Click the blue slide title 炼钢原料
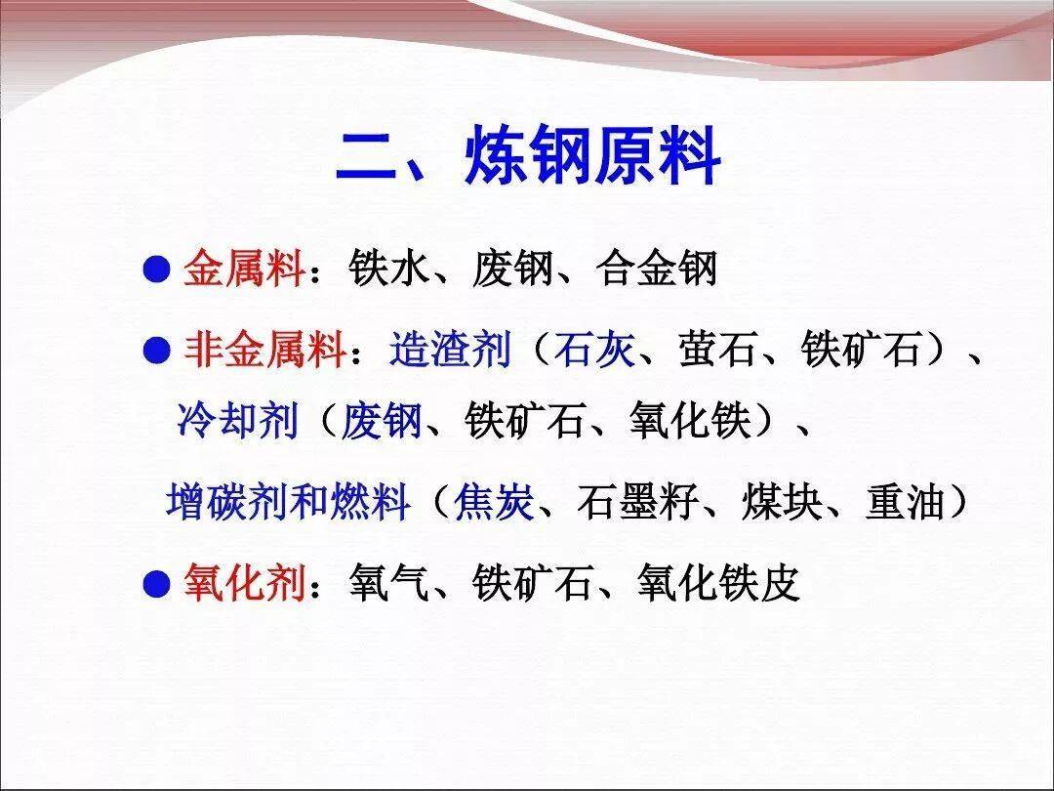coord(592,156)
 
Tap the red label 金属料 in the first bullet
coord(244,270)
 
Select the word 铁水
coord(388,269)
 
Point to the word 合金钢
coord(656,269)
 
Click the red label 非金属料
coord(264,350)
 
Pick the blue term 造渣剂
coord(450,350)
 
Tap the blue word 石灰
coord(594,350)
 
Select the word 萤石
coord(718,350)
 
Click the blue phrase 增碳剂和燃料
coord(288,501)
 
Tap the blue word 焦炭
coord(494,501)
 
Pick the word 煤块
coord(782,501)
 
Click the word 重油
coord(906,501)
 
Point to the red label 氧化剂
coord(244,582)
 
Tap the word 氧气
coord(388,582)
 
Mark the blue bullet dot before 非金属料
coord(156,351)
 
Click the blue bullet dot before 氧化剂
coord(156,583)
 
